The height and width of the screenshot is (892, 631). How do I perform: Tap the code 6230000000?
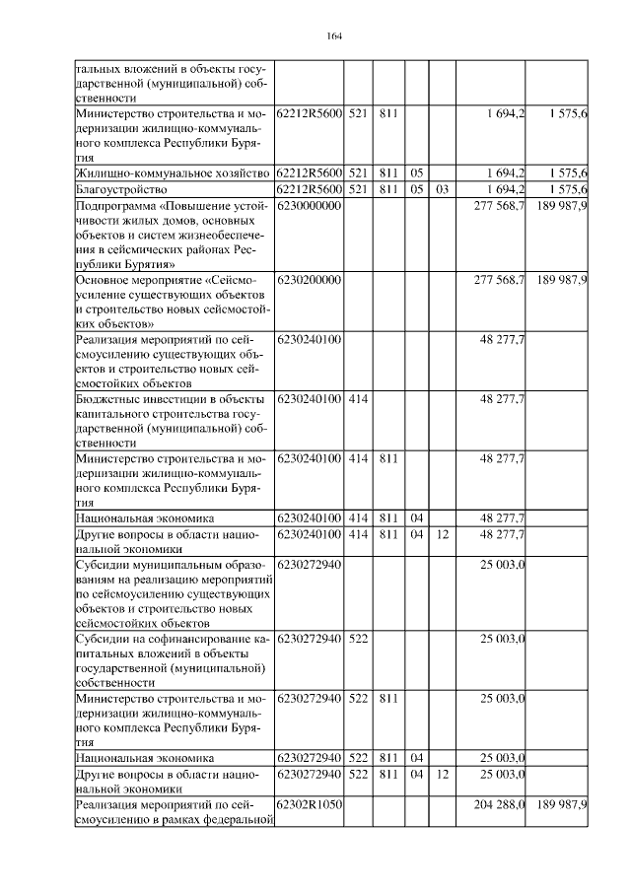click(309, 205)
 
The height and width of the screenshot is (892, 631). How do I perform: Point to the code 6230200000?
click(309, 280)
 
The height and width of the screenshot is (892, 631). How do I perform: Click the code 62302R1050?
click(309, 805)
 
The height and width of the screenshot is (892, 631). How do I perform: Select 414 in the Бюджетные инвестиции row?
click(358, 398)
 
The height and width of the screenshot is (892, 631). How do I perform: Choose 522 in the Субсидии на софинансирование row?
click(358, 639)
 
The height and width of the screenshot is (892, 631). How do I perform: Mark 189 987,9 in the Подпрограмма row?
click(562, 205)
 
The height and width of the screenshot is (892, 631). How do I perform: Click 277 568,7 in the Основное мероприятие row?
click(499, 280)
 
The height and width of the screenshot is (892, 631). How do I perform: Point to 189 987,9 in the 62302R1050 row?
click(562, 805)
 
